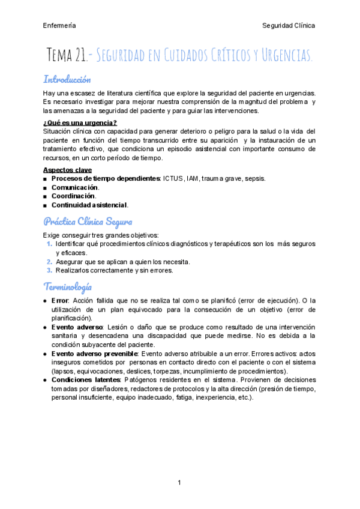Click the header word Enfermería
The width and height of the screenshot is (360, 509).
click(x=59, y=26)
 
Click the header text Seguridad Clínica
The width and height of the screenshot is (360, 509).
click(x=289, y=26)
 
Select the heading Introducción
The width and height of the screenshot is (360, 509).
click(x=67, y=79)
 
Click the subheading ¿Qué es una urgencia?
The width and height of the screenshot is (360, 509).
click(x=80, y=123)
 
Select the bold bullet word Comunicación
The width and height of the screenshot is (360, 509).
click(x=75, y=187)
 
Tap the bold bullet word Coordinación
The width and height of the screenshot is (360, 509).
click(x=73, y=196)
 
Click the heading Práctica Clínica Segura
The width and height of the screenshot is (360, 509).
click(x=88, y=221)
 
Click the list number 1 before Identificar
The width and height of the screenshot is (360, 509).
click(x=49, y=244)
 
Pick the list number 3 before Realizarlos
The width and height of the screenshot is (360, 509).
click(x=49, y=270)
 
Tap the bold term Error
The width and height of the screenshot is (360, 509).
click(x=60, y=300)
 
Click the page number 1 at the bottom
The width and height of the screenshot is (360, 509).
click(x=179, y=483)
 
